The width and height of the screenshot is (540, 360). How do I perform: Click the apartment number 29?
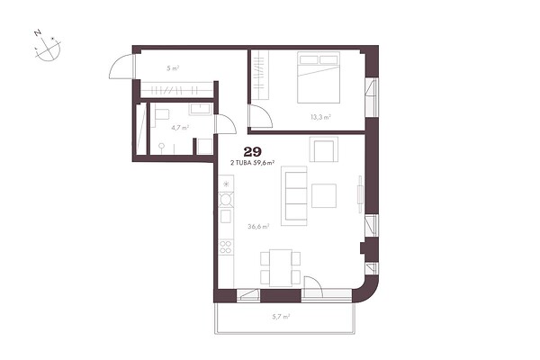tap(252, 151)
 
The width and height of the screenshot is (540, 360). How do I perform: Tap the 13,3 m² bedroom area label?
tap(320, 117)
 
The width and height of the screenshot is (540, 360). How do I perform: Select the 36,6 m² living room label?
tap(258, 226)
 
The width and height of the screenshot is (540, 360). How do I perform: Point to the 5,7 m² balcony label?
tap(281, 317)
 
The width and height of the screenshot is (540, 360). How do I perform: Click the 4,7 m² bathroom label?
tap(180, 128)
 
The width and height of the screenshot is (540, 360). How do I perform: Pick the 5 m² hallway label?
tap(173, 68)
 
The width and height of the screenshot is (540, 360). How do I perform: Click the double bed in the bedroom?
tap(319, 77)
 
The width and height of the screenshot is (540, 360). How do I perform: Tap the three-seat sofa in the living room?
tap(293, 195)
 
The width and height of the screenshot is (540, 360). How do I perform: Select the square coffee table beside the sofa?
tap(324, 195)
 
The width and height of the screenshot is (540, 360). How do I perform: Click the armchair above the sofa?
tap(323, 149)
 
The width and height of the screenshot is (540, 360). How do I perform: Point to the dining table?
tap(281, 267)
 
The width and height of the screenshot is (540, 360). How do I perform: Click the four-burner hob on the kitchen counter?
tap(226, 247)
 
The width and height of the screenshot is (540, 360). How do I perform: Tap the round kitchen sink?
tap(226, 200)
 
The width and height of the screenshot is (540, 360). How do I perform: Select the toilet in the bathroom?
tap(161, 113)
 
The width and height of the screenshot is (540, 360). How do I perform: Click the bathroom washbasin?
tap(200, 109)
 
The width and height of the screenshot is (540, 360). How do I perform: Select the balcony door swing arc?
tap(315, 280)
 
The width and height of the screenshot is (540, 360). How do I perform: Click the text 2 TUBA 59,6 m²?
tap(252, 163)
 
